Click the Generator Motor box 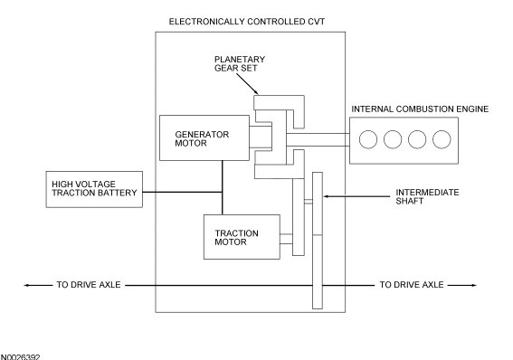coord(204,138)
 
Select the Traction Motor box coord(242,237)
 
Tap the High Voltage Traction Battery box coord(94,189)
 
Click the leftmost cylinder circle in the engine coord(368,139)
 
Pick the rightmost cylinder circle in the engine coord(442,139)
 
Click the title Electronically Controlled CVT coord(247,22)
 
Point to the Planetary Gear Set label coord(240,63)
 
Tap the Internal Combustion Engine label coord(420,109)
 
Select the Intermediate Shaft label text coord(427,196)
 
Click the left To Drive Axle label coord(89,285)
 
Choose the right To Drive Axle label coord(412,285)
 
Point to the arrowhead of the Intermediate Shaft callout coord(324,196)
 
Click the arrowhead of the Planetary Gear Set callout coord(258,93)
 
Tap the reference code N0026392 coord(20,357)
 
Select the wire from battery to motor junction coord(183,192)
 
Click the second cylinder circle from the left coord(393,139)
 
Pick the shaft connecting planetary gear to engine coord(318,139)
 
